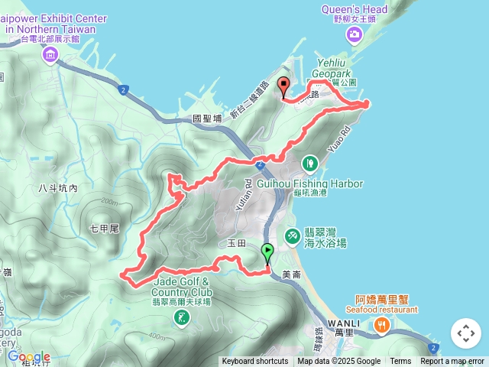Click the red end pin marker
[x=283, y=86]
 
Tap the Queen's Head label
[x=356, y=10]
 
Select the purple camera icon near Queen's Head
[x=355, y=34]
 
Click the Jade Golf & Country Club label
[x=182, y=287]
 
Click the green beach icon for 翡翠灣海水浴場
[x=292, y=237]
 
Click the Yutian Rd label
[x=249, y=187]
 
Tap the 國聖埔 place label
[x=207, y=119]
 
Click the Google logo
[x=29, y=356]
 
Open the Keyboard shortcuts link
[x=255, y=362]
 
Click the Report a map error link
[x=452, y=362]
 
